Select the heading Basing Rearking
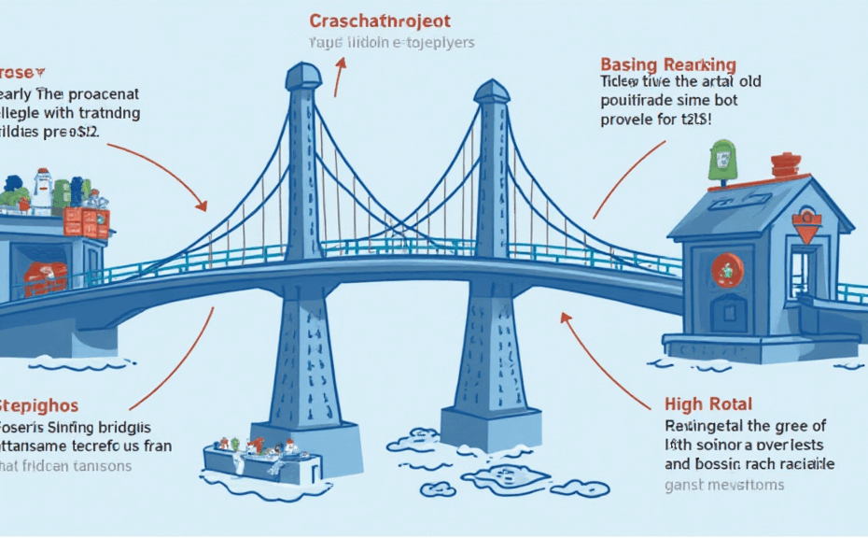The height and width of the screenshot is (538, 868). (x=668, y=64)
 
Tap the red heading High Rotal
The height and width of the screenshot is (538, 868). (x=708, y=404)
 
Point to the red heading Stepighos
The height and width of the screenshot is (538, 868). (x=38, y=406)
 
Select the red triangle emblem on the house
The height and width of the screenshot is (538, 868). (x=805, y=226)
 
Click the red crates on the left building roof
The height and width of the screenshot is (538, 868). (x=87, y=222)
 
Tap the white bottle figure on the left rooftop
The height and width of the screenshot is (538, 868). (x=42, y=191)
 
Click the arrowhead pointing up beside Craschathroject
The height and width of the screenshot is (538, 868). (x=340, y=64)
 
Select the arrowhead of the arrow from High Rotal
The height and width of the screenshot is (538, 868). (x=565, y=319)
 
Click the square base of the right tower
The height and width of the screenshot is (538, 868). (x=491, y=427)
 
